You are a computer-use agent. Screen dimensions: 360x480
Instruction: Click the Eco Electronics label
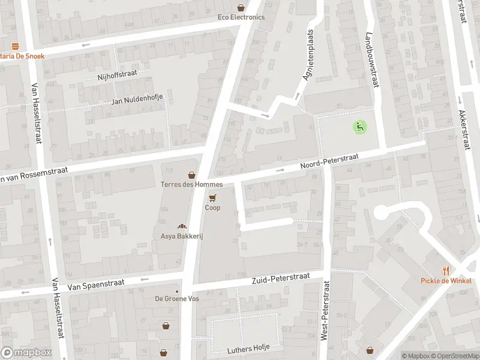(241, 17)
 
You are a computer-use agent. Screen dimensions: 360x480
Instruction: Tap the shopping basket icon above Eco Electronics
(241, 8)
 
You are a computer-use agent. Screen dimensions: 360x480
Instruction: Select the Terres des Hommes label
(191, 185)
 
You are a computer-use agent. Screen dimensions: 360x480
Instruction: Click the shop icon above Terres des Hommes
(191, 175)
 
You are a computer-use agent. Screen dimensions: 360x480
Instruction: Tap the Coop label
(212, 208)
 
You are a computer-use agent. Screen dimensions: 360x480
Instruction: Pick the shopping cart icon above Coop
(212, 197)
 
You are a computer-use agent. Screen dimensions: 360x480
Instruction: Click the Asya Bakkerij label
(182, 236)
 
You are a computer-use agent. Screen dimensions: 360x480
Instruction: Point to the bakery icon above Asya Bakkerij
(181, 226)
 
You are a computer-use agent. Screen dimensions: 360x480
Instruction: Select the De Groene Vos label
(176, 299)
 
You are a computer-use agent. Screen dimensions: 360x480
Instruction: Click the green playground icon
(359, 127)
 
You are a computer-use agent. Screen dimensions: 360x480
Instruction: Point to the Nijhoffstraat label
(118, 76)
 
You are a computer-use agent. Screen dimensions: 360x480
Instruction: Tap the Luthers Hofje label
(248, 349)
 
